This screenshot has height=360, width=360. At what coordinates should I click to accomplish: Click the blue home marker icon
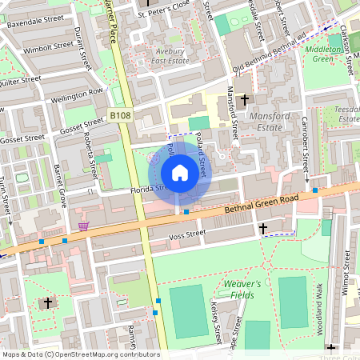(180, 173)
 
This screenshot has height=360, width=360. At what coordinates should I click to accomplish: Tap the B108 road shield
(120, 116)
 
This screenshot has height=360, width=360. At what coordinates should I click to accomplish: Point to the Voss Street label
(189, 234)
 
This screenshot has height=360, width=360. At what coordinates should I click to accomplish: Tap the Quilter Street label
(19, 80)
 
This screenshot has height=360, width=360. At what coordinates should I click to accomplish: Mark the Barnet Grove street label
(58, 186)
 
